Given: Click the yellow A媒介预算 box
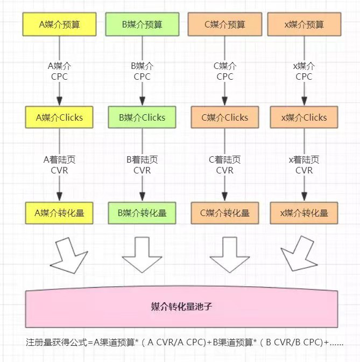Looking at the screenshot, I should pos(59,24).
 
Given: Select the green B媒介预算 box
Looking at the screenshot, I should pos(142,24).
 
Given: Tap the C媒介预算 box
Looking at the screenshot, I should pos(225,24).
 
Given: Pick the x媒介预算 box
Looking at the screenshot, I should pos(304,24).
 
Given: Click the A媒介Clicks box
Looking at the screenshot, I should pos(59,117).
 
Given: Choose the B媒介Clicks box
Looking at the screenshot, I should pos(142,117).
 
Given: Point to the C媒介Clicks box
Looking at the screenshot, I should pos(225,117).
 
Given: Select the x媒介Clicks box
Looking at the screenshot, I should pos(304,117).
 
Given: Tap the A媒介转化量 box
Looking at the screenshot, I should pos(59,213).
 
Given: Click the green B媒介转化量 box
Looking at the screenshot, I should pos(142,213).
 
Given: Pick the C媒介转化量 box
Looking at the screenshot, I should pos(225,213).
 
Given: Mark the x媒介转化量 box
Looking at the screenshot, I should pos(304,213).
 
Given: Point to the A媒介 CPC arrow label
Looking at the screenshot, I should pos(59,71).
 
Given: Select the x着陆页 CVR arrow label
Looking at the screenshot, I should pos(304,165).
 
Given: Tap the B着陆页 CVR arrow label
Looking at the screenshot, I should pos(142,165).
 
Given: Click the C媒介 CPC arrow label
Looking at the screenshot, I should pos(225,71).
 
